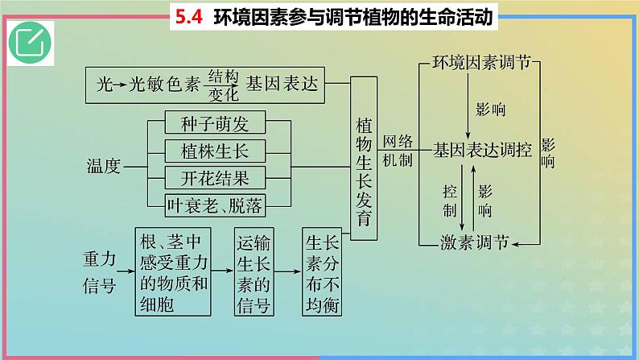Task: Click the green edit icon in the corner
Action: click(x=30, y=43)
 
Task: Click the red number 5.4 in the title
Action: click(x=189, y=17)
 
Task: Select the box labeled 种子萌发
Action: click(x=215, y=122)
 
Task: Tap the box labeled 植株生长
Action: click(x=215, y=151)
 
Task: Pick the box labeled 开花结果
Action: click(x=215, y=177)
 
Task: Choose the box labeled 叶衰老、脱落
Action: click(x=215, y=205)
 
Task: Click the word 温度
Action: click(x=104, y=166)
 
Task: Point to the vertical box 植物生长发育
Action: click(x=364, y=158)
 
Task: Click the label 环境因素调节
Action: click(x=481, y=62)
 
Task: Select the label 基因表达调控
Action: click(x=483, y=150)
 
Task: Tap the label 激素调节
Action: click(x=475, y=242)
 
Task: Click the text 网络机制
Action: click(x=398, y=151)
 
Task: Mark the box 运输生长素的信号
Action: click(x=254, y=272)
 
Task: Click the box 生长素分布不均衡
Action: click(x=322, y=272)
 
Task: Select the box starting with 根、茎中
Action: click(x=173, y=272)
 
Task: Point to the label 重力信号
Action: click(x=100, y=272)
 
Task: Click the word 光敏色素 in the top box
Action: click(x=164, y=85)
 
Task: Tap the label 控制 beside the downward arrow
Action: click(x=450, y=201)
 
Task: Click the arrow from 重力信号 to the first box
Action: click(x=126, y=271)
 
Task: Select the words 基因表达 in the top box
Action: click(x=282, y=84)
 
